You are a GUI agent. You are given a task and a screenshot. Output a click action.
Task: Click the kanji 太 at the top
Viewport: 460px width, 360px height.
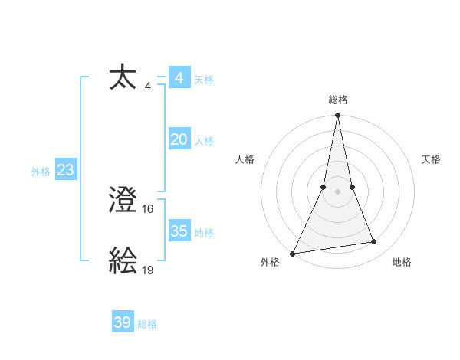tap(123, 79)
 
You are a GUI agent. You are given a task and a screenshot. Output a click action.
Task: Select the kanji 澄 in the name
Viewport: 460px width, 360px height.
tap(123, 201)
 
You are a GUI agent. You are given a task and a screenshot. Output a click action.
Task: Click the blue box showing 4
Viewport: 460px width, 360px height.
tap(179, 78)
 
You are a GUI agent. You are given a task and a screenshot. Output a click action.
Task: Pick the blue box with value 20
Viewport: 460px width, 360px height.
tap(179, 139)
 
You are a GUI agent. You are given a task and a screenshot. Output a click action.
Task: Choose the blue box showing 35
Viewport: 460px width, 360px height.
tap(179, 231)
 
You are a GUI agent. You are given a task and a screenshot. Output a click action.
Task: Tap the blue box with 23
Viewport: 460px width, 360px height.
tap(65, 170)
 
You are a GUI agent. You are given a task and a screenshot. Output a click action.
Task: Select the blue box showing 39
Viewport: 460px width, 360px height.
tap(123, 322)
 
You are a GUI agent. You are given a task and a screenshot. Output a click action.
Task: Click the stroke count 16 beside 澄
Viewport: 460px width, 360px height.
tap(149, 208)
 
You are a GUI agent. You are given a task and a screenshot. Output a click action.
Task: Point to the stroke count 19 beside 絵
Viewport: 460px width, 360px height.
tap(149, 270)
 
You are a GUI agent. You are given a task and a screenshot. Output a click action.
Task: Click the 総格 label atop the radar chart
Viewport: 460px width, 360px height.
tap(338, 100)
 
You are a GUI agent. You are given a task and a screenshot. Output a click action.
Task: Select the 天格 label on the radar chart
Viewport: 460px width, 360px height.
tap(431, 159)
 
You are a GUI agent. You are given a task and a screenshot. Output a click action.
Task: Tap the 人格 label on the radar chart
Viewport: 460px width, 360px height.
tap(245, 159)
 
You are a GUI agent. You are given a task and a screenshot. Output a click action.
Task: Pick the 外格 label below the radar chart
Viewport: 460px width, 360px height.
tap(270, 263)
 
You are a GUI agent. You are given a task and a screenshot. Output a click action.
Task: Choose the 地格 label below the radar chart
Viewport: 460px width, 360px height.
tap(402, 263)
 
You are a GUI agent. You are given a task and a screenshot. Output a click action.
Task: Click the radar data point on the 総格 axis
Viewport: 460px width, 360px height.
tap(338, 116)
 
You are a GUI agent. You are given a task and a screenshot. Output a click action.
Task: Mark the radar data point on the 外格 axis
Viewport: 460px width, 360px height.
tap(293, 254)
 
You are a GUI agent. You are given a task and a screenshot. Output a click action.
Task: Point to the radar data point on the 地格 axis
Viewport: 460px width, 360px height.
tap(374, 242)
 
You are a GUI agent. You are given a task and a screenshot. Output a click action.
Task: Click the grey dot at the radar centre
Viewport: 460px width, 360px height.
tap(338, 191)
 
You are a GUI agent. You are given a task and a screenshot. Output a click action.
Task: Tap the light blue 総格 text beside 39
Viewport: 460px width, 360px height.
tap(147, 324)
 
